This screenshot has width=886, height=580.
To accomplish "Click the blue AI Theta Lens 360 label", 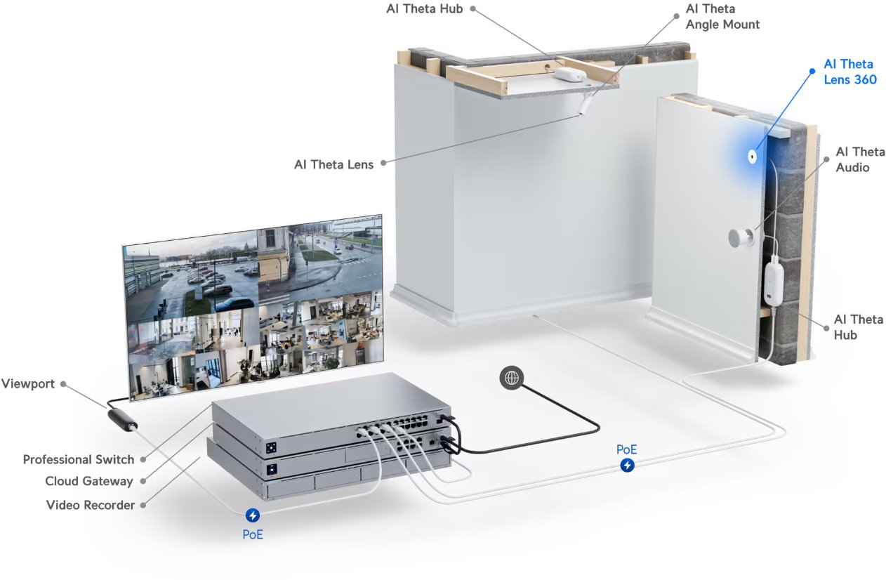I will [849, 72].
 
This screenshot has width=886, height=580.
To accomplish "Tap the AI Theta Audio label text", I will [859, 159].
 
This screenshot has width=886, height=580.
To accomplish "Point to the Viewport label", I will [28, 384].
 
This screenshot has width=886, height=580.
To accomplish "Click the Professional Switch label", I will [78, 459].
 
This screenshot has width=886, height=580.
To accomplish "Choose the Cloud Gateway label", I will [88, 481].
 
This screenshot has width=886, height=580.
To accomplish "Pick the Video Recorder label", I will [90, 504].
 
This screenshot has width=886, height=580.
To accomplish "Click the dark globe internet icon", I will [512, 378].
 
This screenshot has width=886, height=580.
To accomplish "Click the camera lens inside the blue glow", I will [752, 157].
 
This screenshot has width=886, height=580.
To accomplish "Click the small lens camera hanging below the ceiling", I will [584, 106].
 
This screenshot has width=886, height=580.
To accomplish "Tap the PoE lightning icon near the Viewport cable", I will [253, 516].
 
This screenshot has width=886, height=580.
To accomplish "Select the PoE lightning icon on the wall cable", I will [627, 465].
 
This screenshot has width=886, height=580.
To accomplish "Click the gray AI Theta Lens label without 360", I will [333, 164].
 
